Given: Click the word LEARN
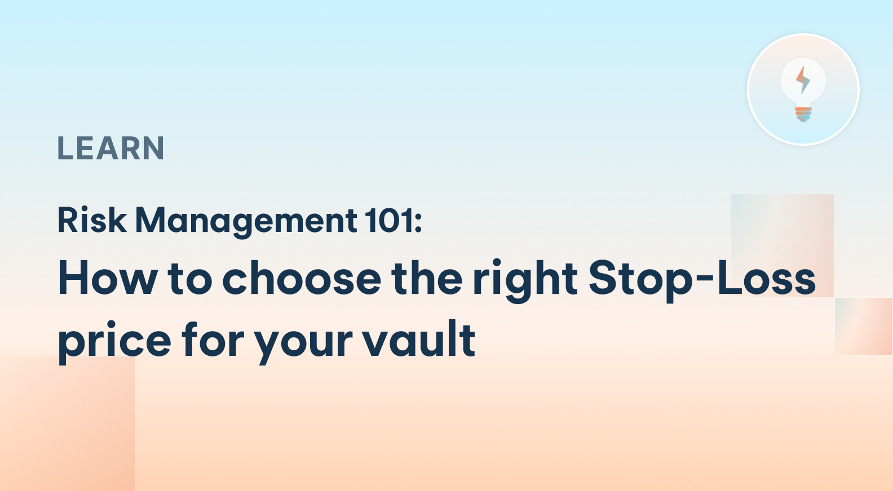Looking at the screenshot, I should click(110, 149).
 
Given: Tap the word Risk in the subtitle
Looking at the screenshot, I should click(92, 220).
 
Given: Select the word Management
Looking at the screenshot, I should click(246, 221).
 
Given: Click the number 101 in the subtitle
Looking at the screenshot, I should click(389, 220).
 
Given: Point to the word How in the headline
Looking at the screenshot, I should click(108, 278).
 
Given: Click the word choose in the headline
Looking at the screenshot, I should click(302, 278).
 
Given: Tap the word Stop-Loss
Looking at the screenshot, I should click(702, 278).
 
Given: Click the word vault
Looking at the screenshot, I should click(418, 340).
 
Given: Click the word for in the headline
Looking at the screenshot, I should click(213, 340).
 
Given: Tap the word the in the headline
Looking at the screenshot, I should click(427, 278).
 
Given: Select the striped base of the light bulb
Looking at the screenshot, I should click(803, 114).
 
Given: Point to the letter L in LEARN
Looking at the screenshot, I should click(65, 149).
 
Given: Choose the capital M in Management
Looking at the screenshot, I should click(149, 220).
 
